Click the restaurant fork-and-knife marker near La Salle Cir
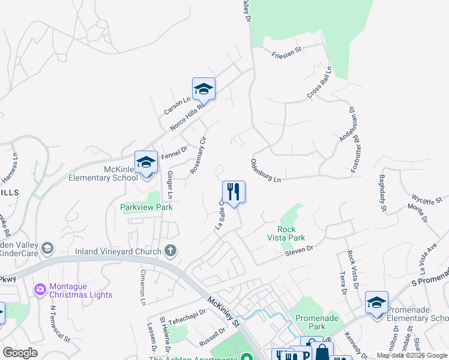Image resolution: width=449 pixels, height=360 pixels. click(x=234, y=192)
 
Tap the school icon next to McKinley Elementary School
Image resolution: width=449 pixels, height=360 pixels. click(x=146, y=162)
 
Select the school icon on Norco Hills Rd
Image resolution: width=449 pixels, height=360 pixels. click(x=203, y=89)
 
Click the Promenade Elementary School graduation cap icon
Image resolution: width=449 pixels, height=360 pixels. click(x=376, y=302)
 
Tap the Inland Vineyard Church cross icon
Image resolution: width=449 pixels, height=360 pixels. click(x=170, y=250)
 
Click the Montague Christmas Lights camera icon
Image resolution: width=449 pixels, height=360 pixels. click(x=40, y=289)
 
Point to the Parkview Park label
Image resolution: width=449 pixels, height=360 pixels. click(x=146, y=207)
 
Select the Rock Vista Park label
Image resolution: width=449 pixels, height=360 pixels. click(x=292, y=233)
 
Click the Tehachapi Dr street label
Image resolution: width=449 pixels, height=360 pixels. click(x=187, y=317)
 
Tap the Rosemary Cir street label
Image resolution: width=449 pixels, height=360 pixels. click(x=198, y=155)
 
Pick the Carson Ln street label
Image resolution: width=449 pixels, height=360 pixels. click(x=176, y=106)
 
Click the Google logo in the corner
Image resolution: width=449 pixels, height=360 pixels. click(x=20, y=353)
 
